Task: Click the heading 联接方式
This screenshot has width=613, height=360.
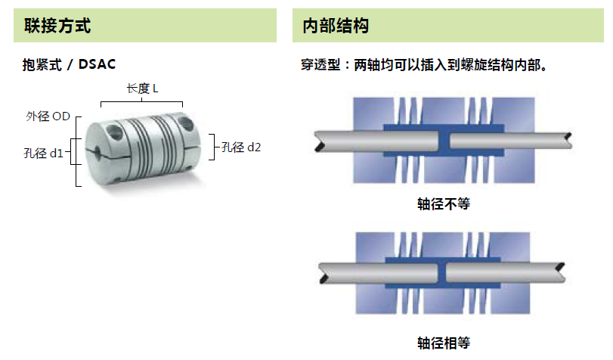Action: (x=57, y=26)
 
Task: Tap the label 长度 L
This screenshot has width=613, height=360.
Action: (x=142, y=88)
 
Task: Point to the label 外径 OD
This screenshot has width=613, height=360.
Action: (x=48, y=116)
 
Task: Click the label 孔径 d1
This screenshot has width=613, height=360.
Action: (x=43, y=154)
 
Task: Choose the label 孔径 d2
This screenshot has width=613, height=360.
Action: (x=241, y=147)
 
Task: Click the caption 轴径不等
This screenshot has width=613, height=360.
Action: (x=443, y=204)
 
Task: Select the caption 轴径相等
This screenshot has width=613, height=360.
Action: (x=443, y=342)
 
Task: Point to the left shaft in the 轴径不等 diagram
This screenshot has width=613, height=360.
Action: (x=378, y=139)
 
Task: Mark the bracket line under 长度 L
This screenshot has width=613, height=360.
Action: (x=142, y=101)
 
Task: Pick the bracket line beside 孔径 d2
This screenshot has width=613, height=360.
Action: (x=211, y=147)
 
